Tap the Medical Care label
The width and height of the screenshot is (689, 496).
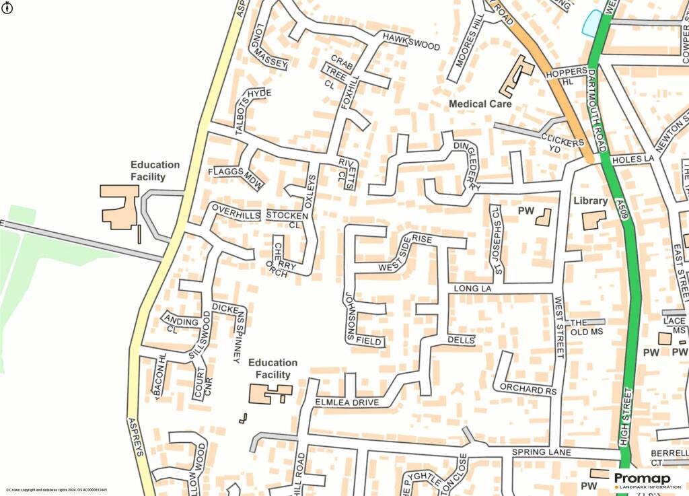pyautogui.click(x=480, y=104)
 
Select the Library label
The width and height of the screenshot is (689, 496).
pyautogui.click(x=590, y=201)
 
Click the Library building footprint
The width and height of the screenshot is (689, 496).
pyautogui.click(x=593, y=220)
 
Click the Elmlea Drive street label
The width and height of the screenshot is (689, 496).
pyautogui.click(x=347, y=402)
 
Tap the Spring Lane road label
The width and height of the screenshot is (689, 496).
pyautogui.click(x=541, y=452)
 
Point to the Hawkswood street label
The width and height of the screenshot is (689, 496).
pyautogui.click(x=410, y=41)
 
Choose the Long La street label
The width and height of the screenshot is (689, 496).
pyautogui.click(x=469, y=289)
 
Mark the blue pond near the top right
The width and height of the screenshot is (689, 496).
pyautogui.click(x=592, y=23)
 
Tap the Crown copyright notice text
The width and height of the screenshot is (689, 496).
pyautogui.click(x=57, y=490)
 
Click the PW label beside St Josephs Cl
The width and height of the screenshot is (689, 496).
pyautogui.click(x=525, y=211)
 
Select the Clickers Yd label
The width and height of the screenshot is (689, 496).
pyautogui.click(x=562, y=143)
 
